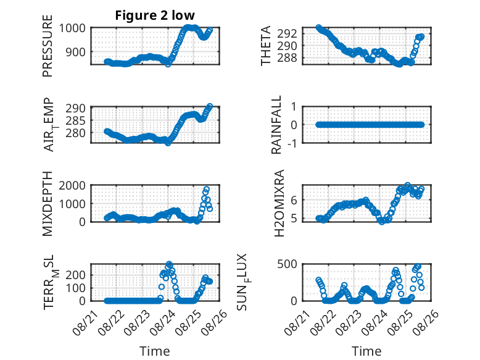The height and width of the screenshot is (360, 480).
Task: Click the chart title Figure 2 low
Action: point(155,15)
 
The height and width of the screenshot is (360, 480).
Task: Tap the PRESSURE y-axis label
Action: point(48,46)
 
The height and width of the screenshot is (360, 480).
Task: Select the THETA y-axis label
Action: point(266,46)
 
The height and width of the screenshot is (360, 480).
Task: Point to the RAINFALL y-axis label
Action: point(276,125)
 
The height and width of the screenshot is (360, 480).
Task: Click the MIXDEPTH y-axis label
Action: point(48,204)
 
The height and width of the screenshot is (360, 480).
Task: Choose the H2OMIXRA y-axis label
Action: point(279,203)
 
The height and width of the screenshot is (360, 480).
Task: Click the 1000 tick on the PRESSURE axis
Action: point(72,28)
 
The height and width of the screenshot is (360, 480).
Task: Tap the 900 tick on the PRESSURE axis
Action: point(76,52)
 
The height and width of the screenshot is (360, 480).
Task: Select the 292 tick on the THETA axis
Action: point(287,33)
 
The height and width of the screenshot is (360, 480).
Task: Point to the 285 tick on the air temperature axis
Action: point(76,120)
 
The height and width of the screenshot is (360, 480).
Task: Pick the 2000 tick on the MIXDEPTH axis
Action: point(72,185)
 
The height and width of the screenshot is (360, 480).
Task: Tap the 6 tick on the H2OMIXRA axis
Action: point(294,200)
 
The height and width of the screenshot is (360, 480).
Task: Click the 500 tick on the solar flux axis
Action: point(287,264)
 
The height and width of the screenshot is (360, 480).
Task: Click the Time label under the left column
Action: point(155,351)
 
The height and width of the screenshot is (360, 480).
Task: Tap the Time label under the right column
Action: point(366,351)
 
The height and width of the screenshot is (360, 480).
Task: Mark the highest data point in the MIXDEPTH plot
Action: point(206,190)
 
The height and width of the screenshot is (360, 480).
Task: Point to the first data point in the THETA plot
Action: point(319,28)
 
